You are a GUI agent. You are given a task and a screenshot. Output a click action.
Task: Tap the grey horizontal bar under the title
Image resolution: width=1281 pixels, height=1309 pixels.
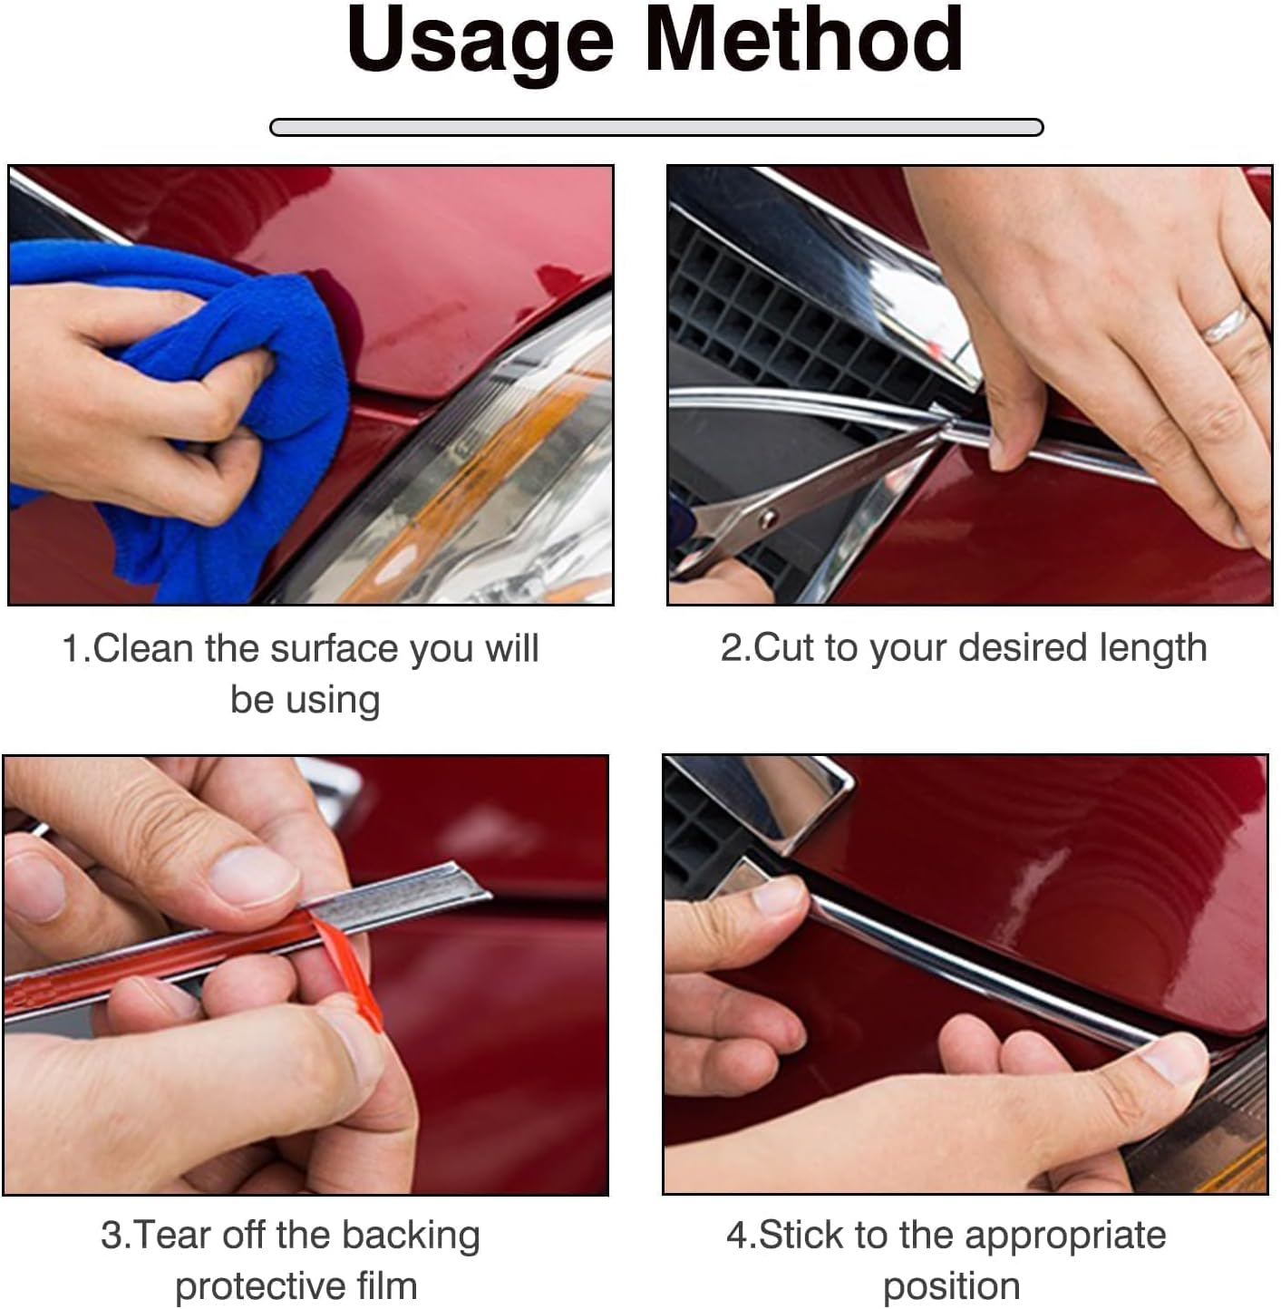(x=656, y=127)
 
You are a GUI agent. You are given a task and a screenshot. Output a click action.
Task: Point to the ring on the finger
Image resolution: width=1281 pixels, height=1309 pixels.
(x=1226, y=325)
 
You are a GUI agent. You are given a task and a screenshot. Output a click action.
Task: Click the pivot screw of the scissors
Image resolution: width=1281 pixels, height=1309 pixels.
(x=768, y=518)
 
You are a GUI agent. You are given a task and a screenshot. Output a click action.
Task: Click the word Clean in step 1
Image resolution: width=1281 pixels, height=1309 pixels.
(x=142, y=648)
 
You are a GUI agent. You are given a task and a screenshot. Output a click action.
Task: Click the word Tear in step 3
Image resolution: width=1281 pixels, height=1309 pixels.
(x=172, y=1236)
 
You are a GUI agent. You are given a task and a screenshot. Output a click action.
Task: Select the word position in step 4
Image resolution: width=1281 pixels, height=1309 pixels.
(x=951, y=1288)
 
